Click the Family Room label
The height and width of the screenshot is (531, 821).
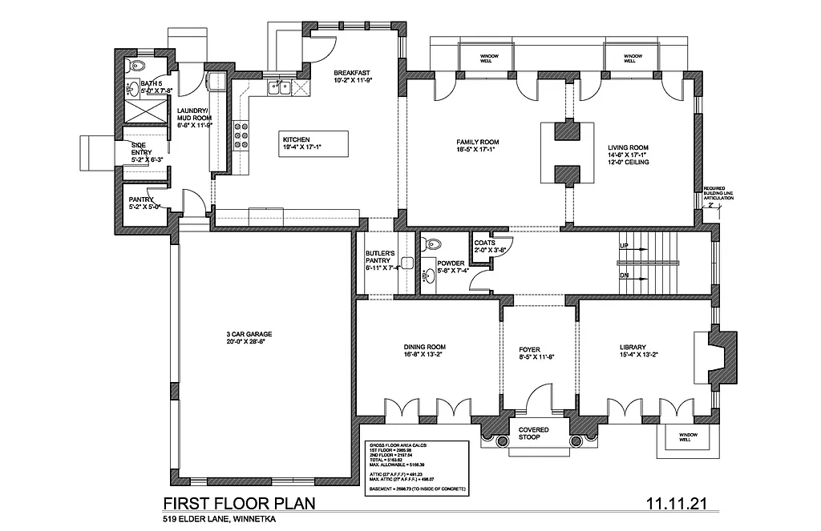pyautogui.click(x=473, y=143)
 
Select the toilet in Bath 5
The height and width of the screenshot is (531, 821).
pyautogui.click(x=136, y=65)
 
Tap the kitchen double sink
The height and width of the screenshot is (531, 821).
pyautogui.click(x=279, y=88)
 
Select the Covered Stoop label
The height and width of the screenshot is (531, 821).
pyautogui.click(x=534, y=433)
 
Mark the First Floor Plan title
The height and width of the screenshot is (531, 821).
pyautogui.click(x=238, y=504)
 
